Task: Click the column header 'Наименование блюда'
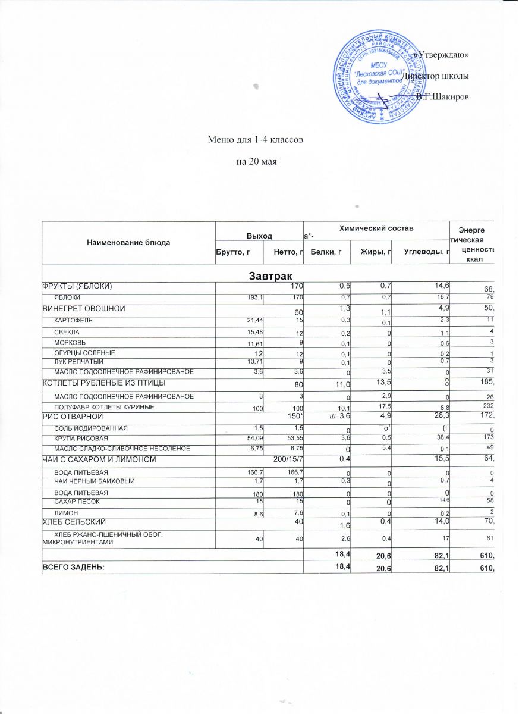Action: [x=128, y=243]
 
